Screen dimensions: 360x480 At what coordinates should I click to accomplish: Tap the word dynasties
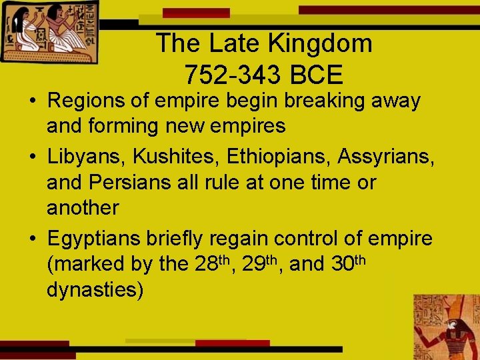pyautogui.click(x=95, y=291)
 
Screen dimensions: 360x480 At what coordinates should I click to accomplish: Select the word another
pyautogui.click(x=83, y=208)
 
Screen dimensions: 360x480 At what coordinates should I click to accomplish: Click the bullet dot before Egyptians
pyautogui.click(x=32, y=239)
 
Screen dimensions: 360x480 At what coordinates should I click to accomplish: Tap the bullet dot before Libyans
pyautogui.click(x=32, y=157)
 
